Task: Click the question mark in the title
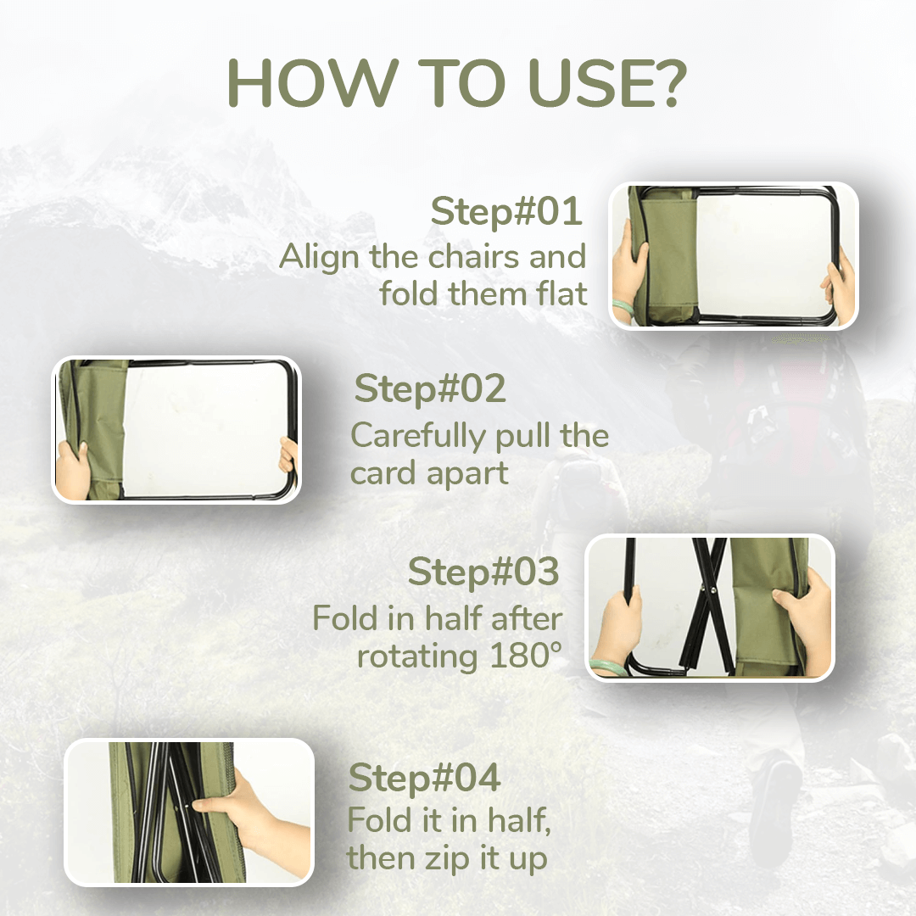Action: (x=666, y=83)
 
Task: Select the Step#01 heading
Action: (x=505, y=211)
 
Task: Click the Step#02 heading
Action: (x=430, y=388)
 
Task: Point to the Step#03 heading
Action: (x=483, y=572)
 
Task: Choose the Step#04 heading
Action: (x=424, y=778)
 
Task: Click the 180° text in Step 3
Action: (x=525, y=656)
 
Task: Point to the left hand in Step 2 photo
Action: (x=73, y=468)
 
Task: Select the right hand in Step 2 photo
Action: (x=288, y=455)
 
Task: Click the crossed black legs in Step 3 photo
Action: (x=707, y=606)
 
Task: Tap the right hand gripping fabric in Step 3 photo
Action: (x=803, y=617)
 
